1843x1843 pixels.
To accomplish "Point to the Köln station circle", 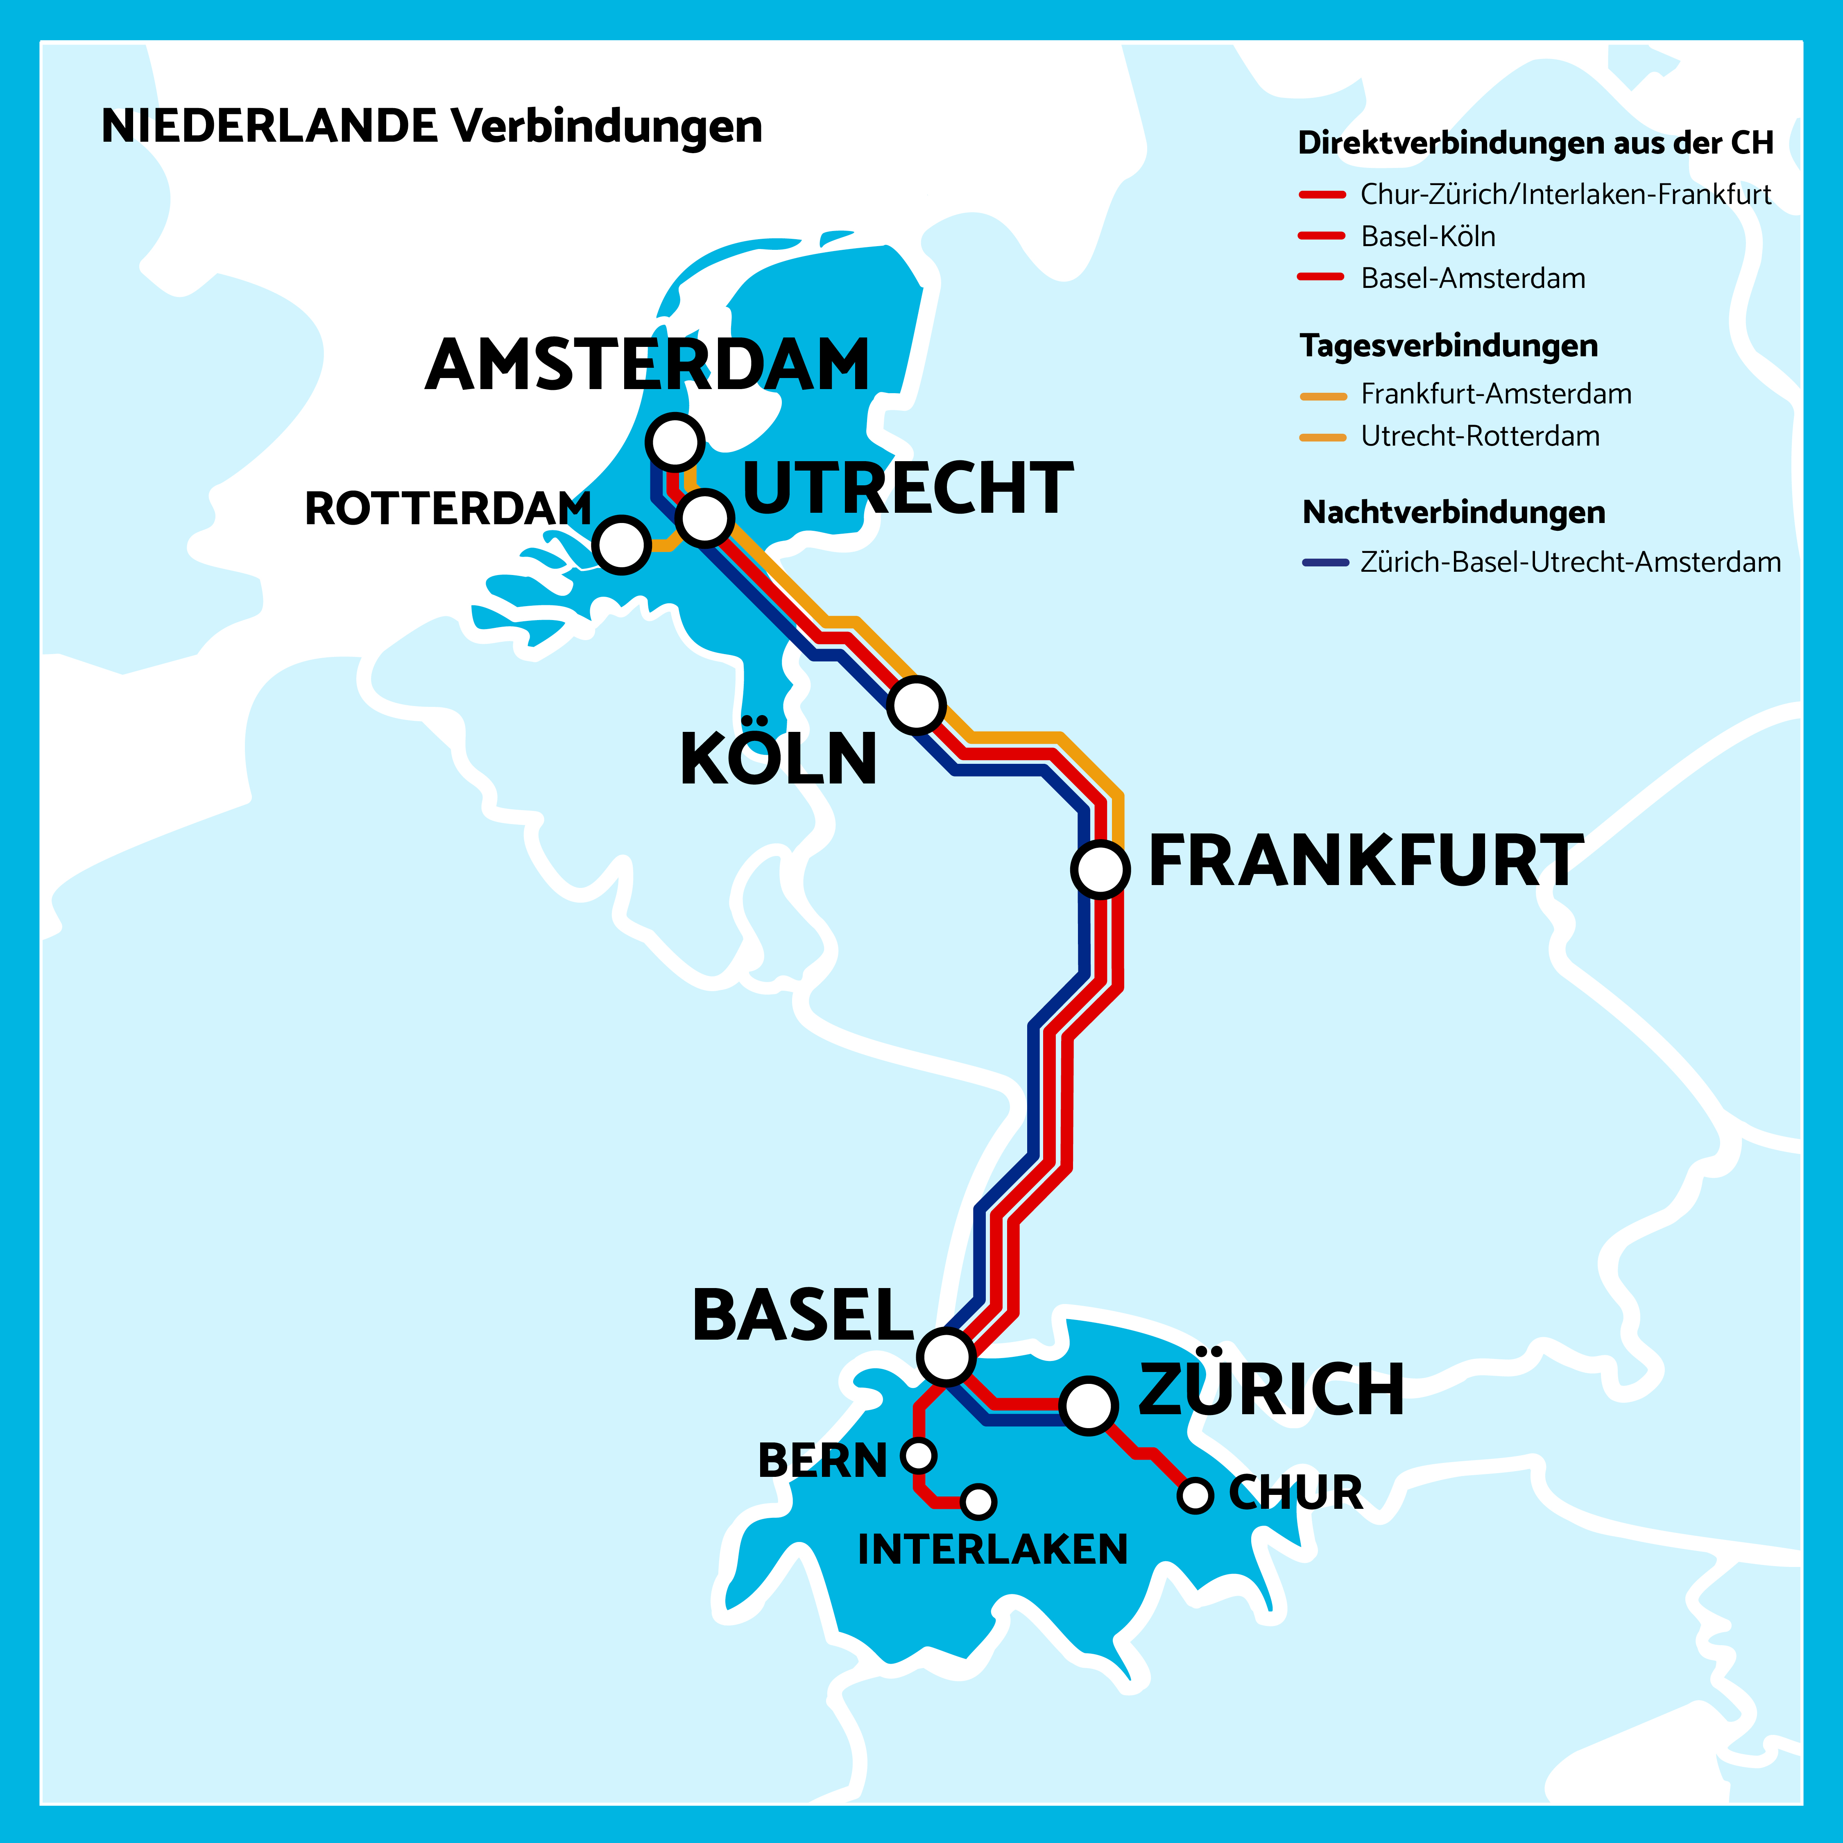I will (x=916, y=705).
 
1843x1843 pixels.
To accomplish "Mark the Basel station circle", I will (x=946, y=1356).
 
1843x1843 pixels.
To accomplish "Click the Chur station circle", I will (x=1194, y=1495).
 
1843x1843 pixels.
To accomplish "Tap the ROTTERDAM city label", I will (x=447, y=508).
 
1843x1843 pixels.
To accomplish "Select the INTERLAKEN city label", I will (x=992, y=1549).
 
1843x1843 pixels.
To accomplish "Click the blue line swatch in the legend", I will (x=1325, y=563).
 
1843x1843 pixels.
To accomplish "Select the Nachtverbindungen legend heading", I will (x=1454, y=512).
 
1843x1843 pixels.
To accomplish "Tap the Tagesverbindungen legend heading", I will (x=1448, y=345).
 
